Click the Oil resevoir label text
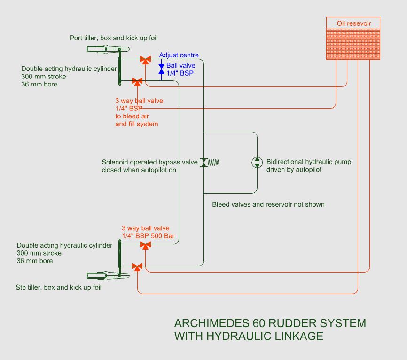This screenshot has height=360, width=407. point(353,23)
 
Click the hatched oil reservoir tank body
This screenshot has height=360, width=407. point(353,44)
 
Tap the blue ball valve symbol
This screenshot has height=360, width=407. point(161,70)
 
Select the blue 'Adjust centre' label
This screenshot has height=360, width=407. point(179,55)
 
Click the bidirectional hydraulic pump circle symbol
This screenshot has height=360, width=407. point(257,163)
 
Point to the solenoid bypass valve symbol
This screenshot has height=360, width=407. point(204,163)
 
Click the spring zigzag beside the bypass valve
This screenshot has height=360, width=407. point(214,163)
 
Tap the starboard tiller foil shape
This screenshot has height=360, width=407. point(106,275)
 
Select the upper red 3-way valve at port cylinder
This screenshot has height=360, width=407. point(146,60)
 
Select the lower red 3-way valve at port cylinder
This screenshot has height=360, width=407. point(137,82)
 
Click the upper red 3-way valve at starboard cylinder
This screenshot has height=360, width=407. point(146,245)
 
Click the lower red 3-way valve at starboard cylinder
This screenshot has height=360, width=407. point(137,267)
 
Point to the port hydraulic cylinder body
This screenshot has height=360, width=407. point(120,67)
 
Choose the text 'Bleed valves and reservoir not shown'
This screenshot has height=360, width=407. point(268,204)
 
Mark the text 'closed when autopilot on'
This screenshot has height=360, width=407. point(139,170)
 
